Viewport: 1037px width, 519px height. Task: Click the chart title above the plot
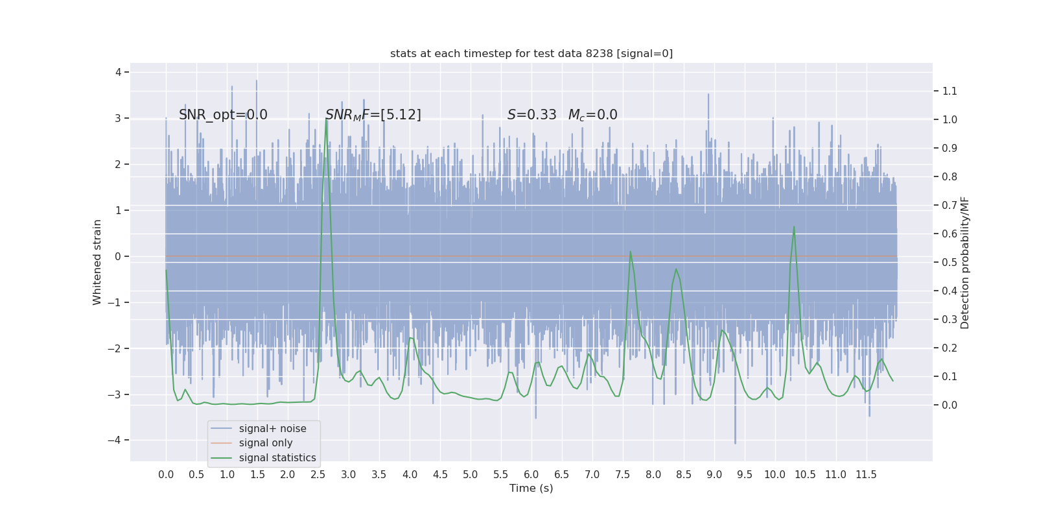coord(531,54)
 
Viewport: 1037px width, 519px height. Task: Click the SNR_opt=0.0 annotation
coord(223,115)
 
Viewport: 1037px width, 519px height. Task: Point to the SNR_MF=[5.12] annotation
coord(373,115)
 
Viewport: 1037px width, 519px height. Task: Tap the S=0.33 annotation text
coord(531,115)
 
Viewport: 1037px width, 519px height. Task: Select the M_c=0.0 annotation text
coord(592,115)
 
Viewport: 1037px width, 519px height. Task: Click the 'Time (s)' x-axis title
coord(531,489)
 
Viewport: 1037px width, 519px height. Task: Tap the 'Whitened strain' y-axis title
coord(97,262)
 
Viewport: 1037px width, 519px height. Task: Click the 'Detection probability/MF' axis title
coord(965,262)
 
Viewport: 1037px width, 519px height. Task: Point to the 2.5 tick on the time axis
coord(318,475)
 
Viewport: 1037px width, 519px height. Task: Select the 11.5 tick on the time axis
coord(866,475)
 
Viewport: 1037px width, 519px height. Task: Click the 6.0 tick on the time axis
coord(531,475)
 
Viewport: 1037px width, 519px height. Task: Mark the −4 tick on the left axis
coord(117,440)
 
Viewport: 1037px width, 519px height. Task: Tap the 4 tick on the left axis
coord(119,72)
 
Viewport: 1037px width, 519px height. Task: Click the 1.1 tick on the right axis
coord(950,91)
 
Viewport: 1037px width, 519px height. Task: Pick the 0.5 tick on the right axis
coord(950,262)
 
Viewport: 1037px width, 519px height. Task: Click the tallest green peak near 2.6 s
coord(326,119)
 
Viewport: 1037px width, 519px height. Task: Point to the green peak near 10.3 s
coord(794,227)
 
